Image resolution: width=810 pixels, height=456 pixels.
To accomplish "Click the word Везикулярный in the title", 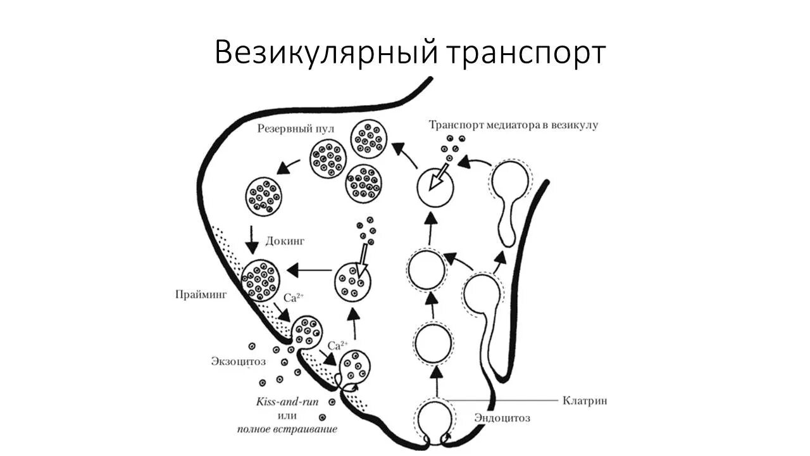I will [x=325, y=53].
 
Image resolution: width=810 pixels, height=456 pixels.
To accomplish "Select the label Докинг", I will [x=285, y=241].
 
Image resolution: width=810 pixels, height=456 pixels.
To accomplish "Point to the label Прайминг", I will [x=201, y=294].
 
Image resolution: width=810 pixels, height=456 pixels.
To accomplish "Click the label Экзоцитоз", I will [x=238, y=361].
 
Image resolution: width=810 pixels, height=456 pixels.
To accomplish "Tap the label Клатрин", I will [x=585, y=400].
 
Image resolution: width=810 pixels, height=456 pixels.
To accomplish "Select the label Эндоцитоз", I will [x=502, y=418].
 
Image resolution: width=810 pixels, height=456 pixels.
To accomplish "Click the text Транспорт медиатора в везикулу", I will [x=513, y=125].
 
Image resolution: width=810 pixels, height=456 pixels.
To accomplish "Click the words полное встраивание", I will [x=287, y=429].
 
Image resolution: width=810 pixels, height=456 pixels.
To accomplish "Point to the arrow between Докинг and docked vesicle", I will [x=253, y=238].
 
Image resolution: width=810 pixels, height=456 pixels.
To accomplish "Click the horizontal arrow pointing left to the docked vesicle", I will [x=309, y=270].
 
